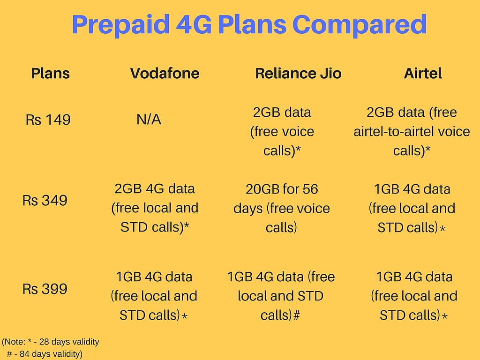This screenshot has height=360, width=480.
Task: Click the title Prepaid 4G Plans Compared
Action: tap(249, 25)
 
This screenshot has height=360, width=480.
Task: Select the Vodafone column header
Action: tap(165, 74)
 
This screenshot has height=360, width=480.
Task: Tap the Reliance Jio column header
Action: tap(298, 74)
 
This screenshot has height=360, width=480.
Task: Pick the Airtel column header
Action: tap(423, 74)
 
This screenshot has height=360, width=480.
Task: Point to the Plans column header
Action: tap(51, 74)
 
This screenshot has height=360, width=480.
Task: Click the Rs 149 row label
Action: tap(48, 120)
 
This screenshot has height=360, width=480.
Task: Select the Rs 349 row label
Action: tap(45, 201)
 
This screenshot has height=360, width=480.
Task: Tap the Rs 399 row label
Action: tap(45, 289)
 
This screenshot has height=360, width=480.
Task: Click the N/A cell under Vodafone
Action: tap(149, 120)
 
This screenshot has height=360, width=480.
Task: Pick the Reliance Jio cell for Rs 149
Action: tap(282, 132)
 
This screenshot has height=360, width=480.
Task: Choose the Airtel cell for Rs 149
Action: tap(412, 132)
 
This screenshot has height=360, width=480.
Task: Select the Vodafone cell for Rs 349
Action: tap(155, 208)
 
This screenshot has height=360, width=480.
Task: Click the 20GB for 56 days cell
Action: tap(282, 208)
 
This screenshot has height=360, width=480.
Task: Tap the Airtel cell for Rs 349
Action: tap(412, 209)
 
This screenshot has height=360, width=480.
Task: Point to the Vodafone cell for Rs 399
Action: tap(154, 296)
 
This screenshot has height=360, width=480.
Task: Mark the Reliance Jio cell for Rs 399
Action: tap(281, 296)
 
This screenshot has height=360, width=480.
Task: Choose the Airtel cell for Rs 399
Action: tap(414, 296)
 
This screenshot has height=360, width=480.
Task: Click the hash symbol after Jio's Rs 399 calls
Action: tap(296, 316)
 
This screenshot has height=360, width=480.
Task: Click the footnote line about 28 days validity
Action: tap(51, 341)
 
